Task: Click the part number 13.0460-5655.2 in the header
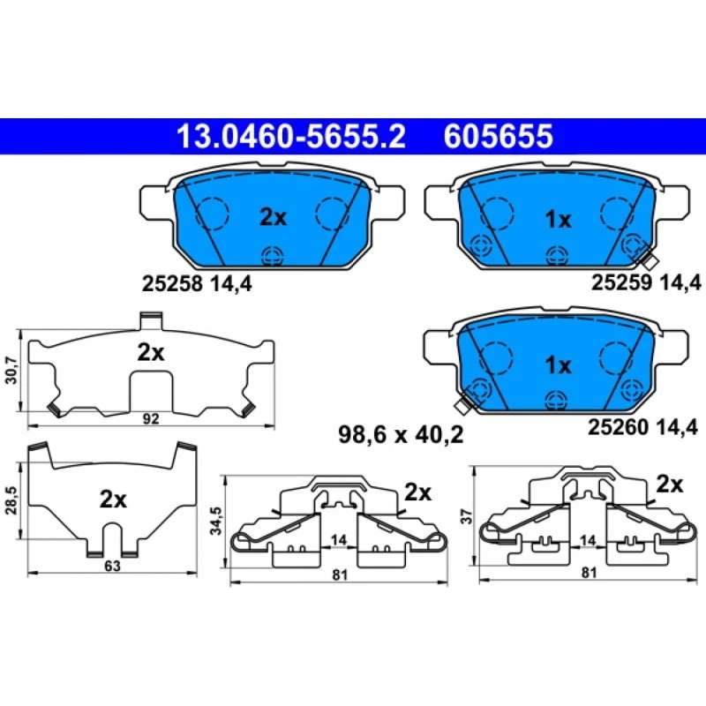tap(291, 137)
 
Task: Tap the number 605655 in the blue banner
tap(498, 137)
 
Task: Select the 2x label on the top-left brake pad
tap(273, 217)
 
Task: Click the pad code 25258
tap(171, 283)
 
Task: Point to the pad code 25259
tap(621, 282)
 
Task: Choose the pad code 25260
tap(618, 427)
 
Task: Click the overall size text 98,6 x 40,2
tap(401, 435)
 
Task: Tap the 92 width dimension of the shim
tap(151, 418)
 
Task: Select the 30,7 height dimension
tap(11, 370)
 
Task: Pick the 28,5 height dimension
tap(11, 500)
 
